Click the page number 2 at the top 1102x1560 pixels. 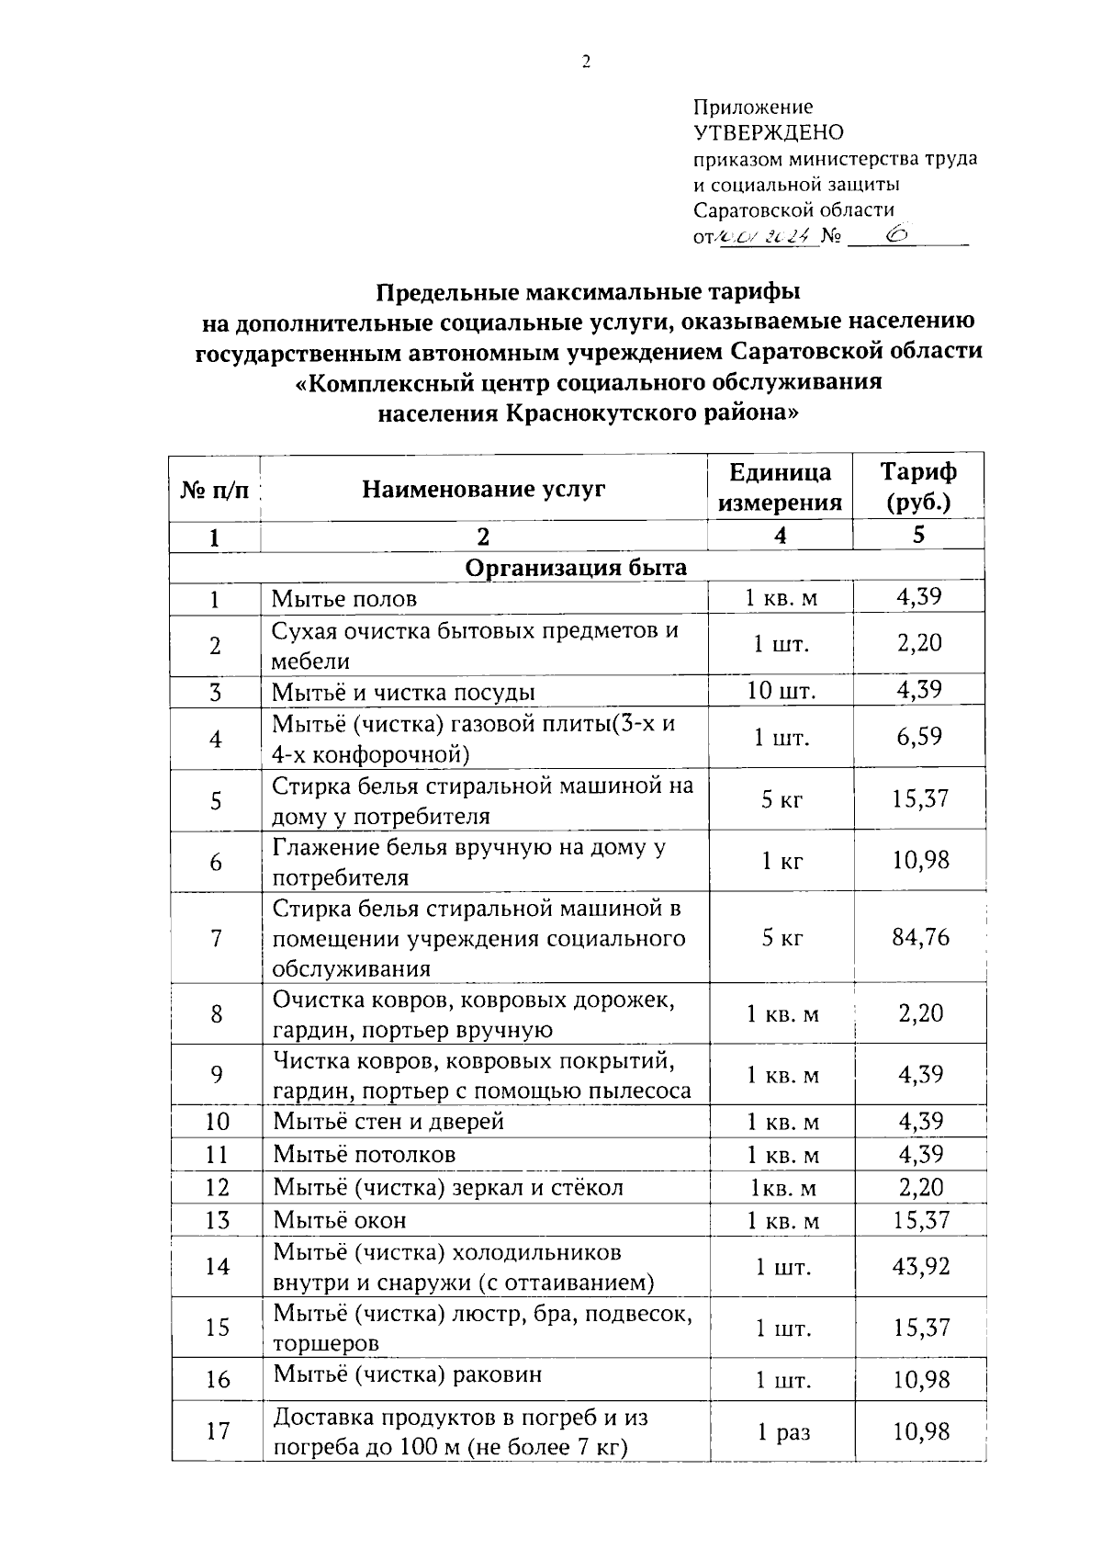coord(586,62)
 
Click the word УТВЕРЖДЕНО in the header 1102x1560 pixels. coord(768,133)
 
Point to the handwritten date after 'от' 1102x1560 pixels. coord(764,237)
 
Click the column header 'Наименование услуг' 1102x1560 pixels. coord(483,488)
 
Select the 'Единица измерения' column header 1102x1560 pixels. coord(780,487)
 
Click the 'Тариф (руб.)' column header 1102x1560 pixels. coord(918,487)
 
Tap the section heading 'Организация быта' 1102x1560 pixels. coord(576,567)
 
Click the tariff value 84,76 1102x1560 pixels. coord(920,938)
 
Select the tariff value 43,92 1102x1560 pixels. coord(920,1267)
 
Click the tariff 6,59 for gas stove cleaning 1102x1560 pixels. coord(920,737)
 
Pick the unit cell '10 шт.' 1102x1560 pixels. coord(782,691)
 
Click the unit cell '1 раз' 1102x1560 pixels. coord(783,1432)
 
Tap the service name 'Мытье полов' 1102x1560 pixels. coord(344,599)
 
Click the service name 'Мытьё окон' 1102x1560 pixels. coord(340,1220)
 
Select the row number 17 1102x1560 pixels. coord(217,1431)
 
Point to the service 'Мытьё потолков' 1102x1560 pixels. coord(365,1154)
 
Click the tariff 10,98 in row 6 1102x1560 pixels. coord(920,861)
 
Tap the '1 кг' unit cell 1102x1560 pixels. coord(782,862)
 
